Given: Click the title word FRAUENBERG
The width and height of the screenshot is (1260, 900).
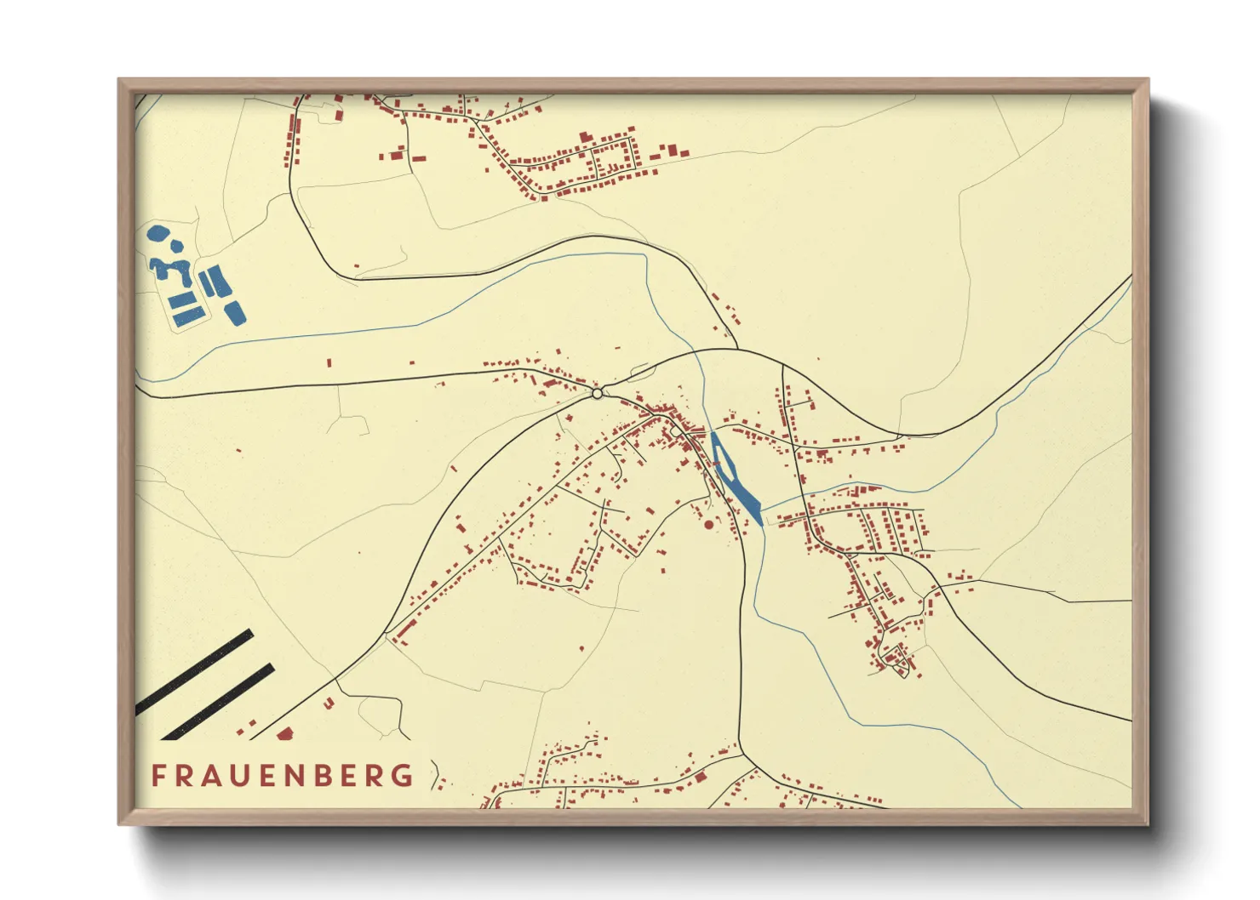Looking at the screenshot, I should [x=282, y=776].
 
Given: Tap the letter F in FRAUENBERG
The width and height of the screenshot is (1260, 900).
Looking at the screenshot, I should [x=158, y=776].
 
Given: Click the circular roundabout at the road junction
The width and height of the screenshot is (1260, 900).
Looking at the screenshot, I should [x=598, y=393].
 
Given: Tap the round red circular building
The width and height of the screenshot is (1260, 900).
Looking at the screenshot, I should [x=708, y=525].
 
